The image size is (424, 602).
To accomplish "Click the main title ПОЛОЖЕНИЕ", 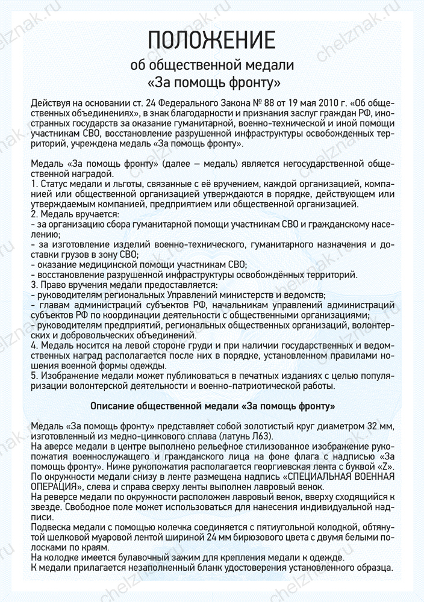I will (212, 40).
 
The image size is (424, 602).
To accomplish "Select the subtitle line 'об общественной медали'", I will (212, 65).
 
